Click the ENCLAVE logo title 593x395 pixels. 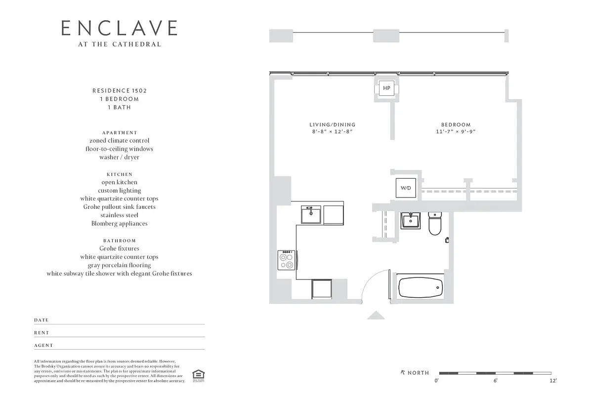point(119,28)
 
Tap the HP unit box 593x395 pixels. point(386,88)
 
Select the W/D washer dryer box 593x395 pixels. point(406,188)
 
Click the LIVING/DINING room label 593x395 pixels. point(332,125)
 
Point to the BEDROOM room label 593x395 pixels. point(456,125)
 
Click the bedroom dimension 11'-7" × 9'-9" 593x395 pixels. point(456,132)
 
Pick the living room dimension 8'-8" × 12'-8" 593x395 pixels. point(332,132)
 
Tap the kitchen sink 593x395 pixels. point(311,214)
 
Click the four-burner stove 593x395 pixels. point(287,260)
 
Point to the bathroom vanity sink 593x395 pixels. point(410,220)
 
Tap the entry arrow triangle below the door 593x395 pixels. point(376,315)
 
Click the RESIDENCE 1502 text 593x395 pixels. point(119,91)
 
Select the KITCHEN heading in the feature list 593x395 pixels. point(119,174)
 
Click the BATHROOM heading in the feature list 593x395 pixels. point(119,240)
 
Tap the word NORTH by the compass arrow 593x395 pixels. point(418,373)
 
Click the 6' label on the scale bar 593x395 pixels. point(495,381)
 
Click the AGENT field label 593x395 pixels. point(43,346)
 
